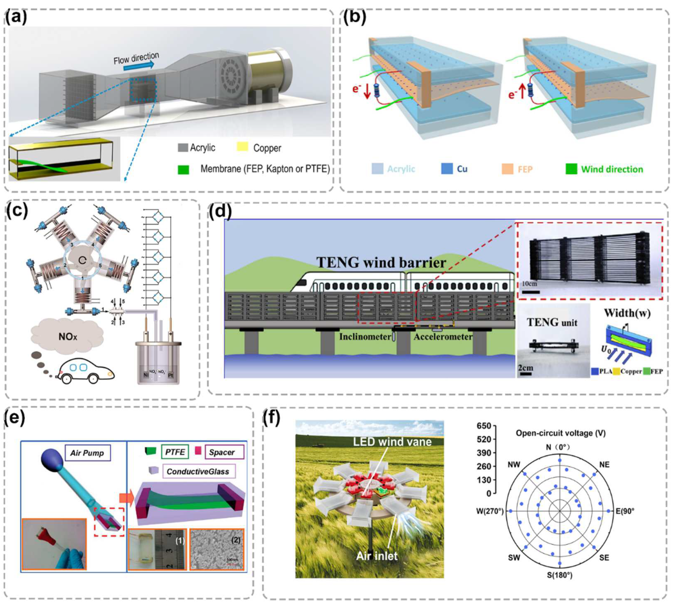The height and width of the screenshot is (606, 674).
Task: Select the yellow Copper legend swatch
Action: [242, 146]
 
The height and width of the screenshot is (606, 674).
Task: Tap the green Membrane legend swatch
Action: [183, 170]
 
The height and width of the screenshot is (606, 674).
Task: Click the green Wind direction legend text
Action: [612, 169]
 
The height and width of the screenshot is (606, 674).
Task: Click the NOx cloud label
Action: [67, 337]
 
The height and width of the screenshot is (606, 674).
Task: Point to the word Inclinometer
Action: [365, 337]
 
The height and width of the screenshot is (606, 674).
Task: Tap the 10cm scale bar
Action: [530, 292]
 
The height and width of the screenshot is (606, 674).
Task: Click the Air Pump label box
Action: [87, 453]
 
